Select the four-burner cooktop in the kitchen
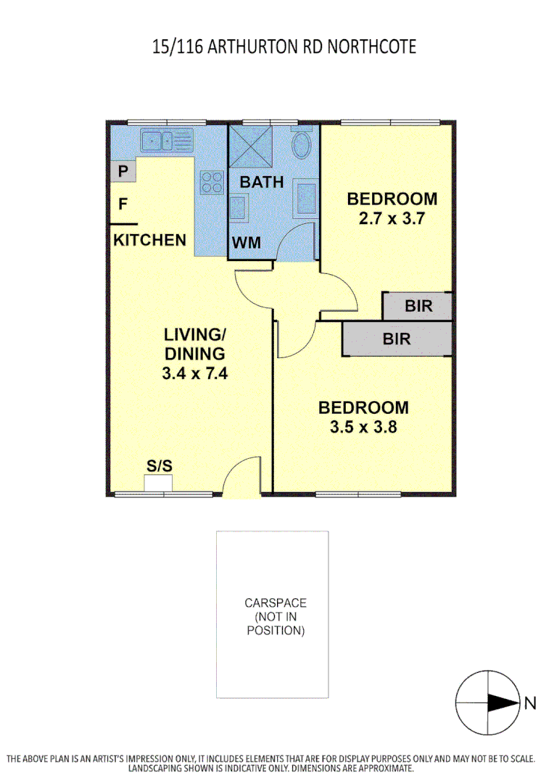tap(211, 181)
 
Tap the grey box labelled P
tap(124, 172)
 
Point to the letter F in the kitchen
tap(123, 204)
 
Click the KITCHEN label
tap(150, 240)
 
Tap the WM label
tap(246, 242)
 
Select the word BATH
tap(262, 182)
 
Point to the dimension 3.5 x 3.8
tap(363, 427)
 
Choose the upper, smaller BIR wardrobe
tap(418, 306)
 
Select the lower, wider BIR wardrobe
tap(396, 339)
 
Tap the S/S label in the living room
tap(160, 466)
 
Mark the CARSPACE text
tap(275, 602)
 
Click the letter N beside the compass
tap(530, 703)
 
